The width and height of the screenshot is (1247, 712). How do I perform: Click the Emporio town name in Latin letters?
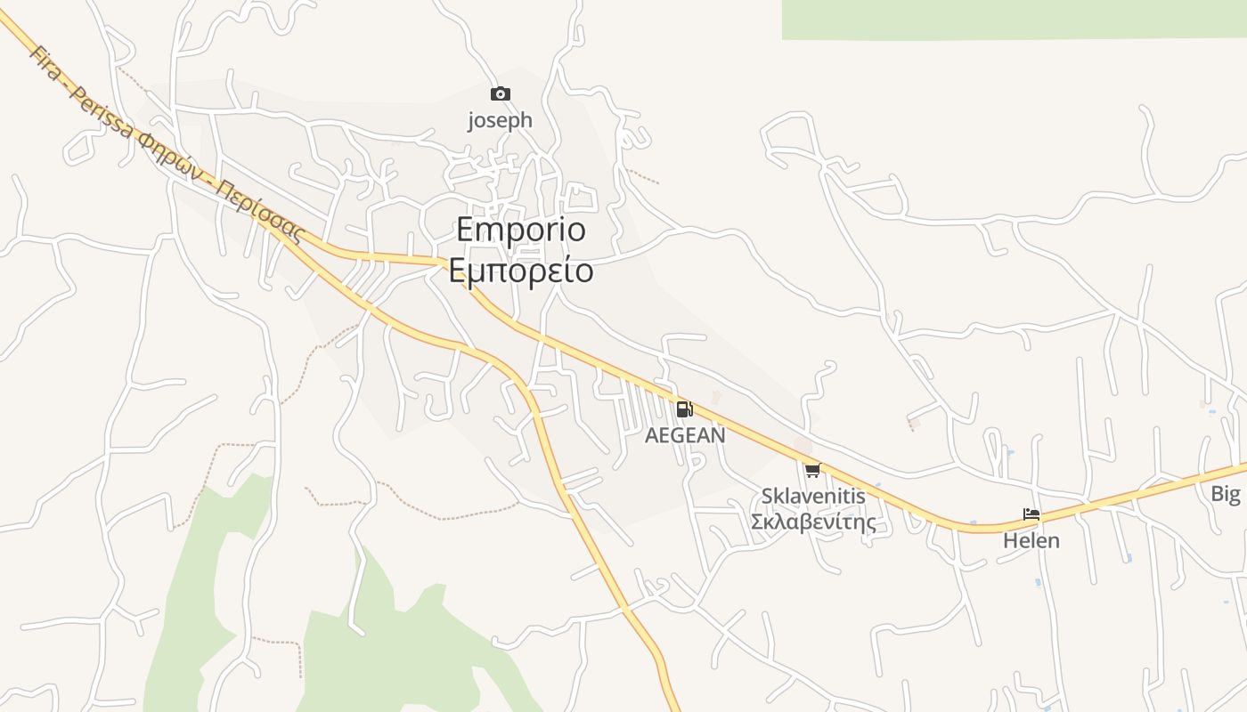tap(521, 230)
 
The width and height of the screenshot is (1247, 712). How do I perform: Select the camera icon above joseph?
tap(501, 93)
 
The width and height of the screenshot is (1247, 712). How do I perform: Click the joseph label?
tap(501, 120)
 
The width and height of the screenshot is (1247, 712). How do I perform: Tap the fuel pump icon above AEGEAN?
tap(684, 409)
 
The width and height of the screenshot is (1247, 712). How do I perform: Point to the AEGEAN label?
tap(685, 435)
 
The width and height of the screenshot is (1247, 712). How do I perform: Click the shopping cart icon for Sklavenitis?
tap(811, 470)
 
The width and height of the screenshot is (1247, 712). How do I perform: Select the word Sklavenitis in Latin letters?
tap(813, 497)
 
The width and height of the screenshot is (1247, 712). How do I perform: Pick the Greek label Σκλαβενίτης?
tap(813, 522)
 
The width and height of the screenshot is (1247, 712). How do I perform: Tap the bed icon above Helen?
tap(1031, 514)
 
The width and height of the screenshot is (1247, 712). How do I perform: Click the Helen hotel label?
tap(1031, 540)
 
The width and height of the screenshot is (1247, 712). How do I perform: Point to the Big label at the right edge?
tap(1226, 494)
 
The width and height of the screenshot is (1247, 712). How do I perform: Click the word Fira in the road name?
tap(43, 59)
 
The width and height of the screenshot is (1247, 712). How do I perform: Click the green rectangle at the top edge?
tap(1014, 19)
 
